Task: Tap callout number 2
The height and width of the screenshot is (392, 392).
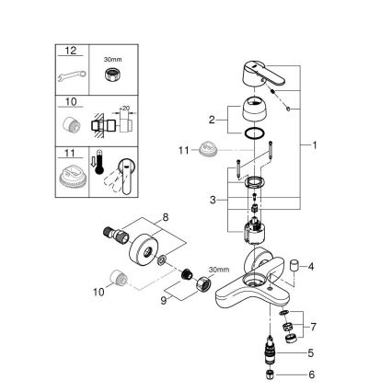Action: pyautogui.click(x=213, y=120)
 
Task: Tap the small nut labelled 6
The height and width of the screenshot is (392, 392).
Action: pyautogui.click(x=271, y=378)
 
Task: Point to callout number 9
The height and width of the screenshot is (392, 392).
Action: pyautogui.click(x=165, y=298)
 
